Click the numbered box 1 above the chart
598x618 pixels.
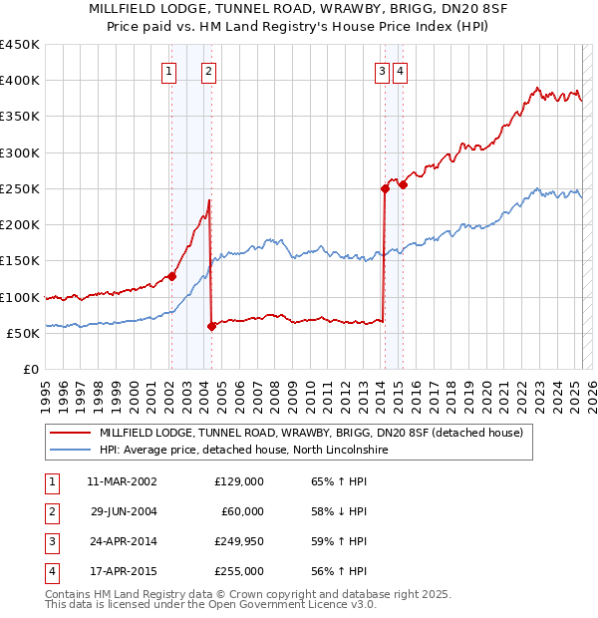tap(168, 71)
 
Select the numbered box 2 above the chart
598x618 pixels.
tap(208, 71)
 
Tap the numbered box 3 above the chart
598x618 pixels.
tap(382, 71)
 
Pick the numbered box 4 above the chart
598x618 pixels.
tap(400, 71)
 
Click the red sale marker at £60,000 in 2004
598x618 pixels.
tap(211, 326)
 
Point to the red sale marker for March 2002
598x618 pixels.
tap(171, 276)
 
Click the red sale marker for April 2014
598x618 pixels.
tap(385, 188)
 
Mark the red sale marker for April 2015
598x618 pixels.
tap(403, 184)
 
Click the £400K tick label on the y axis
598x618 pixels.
tap(20, 81)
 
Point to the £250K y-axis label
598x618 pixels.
tap(20, 188)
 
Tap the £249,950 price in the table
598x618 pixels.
tap(239, 543)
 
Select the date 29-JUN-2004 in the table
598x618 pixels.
tap(124, 512)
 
